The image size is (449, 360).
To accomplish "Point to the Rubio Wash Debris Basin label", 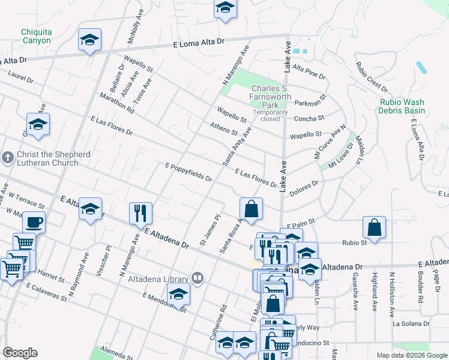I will point(402,106).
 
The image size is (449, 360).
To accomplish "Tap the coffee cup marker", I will point(34,222).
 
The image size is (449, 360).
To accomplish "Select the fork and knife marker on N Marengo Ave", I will point(140,212).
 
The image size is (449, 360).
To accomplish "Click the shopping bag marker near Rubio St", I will point(374,228).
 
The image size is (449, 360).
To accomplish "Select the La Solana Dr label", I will point(411,323).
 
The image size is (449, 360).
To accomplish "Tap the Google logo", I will point(20,353).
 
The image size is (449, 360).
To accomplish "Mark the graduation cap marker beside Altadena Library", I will point(179,293).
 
